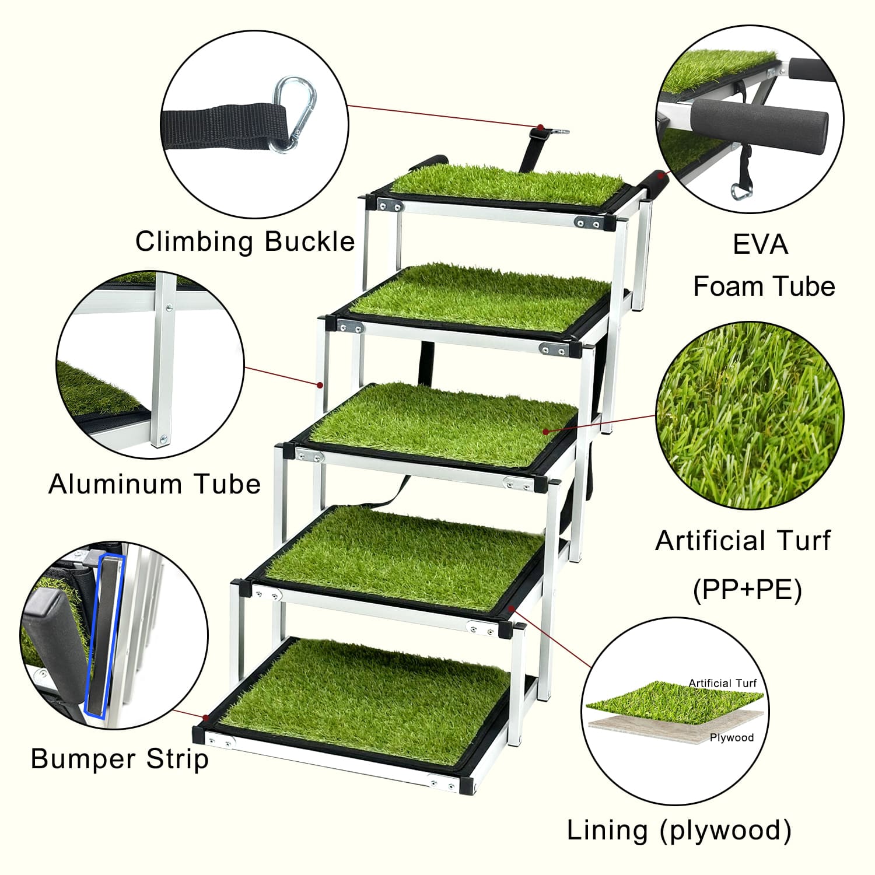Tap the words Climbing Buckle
pos(245,242)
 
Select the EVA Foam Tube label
pos(764,265)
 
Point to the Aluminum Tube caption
pos(155,484)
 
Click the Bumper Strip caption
pos(120,759)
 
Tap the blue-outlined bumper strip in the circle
pos(104,635)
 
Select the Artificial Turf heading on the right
pos(743,541)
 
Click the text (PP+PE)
pos(747,590)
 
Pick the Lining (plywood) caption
pos(679,830)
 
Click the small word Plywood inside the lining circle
pos(731,738)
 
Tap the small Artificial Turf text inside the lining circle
pos(722,683)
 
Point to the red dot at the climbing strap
pos(541,127)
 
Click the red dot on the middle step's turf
pos(546,432)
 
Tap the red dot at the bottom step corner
pos(205,717)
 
